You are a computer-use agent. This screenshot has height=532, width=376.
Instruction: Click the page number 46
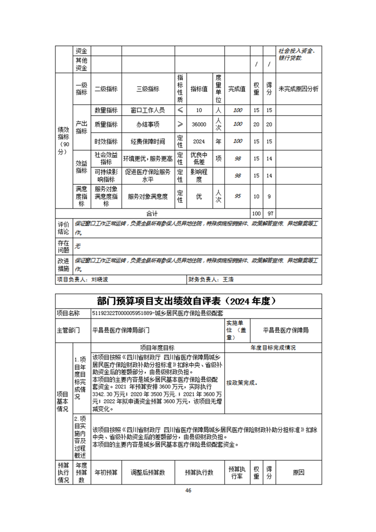click(x=188, y=490)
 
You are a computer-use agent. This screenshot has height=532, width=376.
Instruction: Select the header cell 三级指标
click(x=148, y=89)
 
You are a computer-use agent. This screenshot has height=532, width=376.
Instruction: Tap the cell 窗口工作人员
click(x=148, y=110)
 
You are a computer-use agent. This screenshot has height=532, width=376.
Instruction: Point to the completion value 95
click(x=238, y=196)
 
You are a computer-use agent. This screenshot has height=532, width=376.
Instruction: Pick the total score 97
click(x=269, y=214)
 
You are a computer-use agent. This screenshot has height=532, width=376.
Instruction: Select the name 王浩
click(x=228, y=280)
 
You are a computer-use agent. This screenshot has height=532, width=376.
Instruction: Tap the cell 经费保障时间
click(x=148, y=141)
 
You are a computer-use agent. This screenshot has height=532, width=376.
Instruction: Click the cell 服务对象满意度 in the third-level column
click(x=148, y=196)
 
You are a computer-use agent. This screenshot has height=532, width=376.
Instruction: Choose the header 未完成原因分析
click(x=298, y=89)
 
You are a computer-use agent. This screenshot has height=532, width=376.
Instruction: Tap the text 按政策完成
click(x=242, y=382)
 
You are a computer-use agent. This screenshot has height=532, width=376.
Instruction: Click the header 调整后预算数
click(x=148, y=473)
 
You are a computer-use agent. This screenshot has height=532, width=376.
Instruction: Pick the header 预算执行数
click(x=199, y=473)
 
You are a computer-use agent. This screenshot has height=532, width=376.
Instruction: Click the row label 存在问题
click(x=64, y=246)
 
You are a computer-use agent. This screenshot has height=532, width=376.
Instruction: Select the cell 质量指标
click(x=106, y=124)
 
